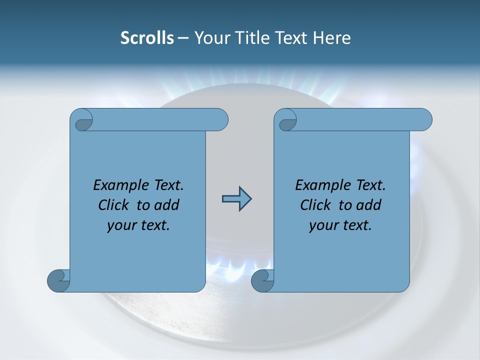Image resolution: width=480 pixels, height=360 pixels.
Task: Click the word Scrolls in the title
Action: coord(147,38)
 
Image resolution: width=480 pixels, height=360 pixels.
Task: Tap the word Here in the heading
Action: coord(332,38)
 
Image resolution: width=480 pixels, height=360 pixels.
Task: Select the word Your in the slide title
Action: coord(210,38)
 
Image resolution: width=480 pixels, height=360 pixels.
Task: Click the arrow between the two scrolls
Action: coord(236,199)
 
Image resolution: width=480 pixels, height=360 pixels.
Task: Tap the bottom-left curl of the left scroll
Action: coord(58,280)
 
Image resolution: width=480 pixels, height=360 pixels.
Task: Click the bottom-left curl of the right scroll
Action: coord(262,280)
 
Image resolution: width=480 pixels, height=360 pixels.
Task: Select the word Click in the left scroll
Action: coord(115,205)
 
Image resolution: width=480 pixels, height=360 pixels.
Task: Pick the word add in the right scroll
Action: coord(369,205)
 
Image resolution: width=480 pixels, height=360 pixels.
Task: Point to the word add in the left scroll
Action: coord(167,205)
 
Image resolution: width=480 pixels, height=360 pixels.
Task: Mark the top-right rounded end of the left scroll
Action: coord(220,120)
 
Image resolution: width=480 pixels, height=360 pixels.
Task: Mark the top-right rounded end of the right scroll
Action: coord(424,120)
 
